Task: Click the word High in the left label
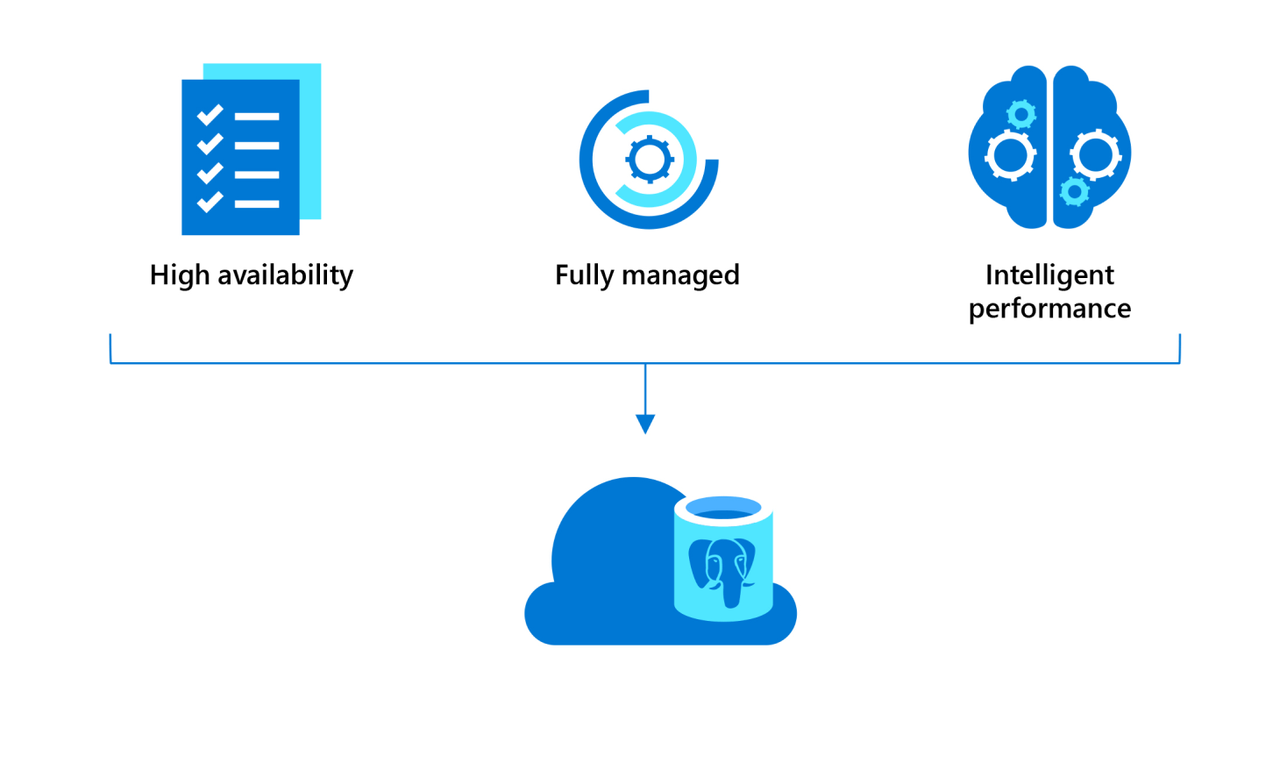click(180, 275)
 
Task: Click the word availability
click(285, 275)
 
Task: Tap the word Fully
click(584, 275)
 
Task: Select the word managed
click(680, 276)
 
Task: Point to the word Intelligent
click(1049, 275)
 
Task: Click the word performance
click(1049, 309)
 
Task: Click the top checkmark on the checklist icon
click(210, 115)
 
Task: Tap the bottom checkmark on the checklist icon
click(210, 203)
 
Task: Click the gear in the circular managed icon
click(650, 160)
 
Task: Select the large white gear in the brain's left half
click(1010, 155)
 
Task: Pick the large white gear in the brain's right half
click(1095, 155)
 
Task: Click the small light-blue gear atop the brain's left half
click(1021, 114)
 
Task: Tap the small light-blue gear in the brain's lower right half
click(1074, 190)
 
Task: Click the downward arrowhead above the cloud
click(645, 424)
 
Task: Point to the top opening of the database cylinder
click(723, 508)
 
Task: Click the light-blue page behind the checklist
click(310, 140)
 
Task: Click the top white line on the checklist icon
click(257, 116)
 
